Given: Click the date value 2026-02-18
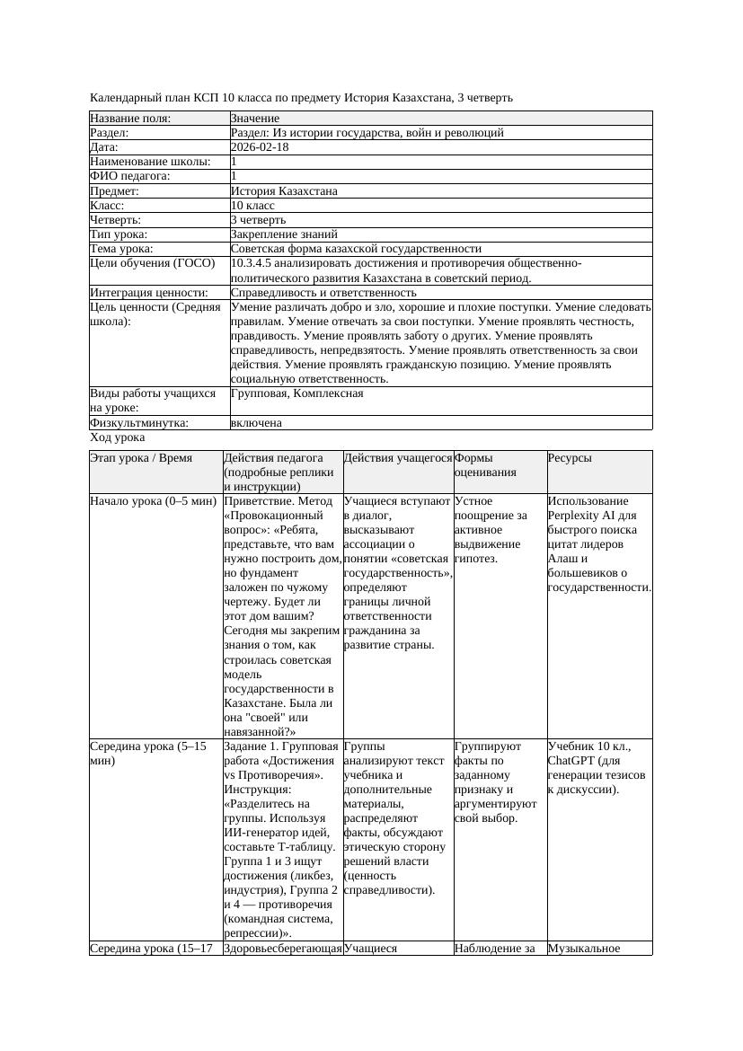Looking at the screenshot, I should click(260, 147).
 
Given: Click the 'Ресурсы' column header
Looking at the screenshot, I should click(570, 458).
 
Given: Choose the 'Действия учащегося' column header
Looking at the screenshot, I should click(397, 458).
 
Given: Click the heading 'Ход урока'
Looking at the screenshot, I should click(118, 437).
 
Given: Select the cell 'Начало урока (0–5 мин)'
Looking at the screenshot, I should click(147, 501).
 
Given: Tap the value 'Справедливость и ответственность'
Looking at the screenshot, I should click(323, 293).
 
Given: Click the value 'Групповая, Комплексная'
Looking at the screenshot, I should click(297, 393).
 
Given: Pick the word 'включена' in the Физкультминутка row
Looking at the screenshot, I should click(256, 423).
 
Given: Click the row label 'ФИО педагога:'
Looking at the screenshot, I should click(130, 176).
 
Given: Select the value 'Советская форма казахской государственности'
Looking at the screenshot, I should click(356, 249).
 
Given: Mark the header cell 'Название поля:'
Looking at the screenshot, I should click(130, 119).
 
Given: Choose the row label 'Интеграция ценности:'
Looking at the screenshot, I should click(149, 293).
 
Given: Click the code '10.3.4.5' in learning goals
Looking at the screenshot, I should click(253, 263).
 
